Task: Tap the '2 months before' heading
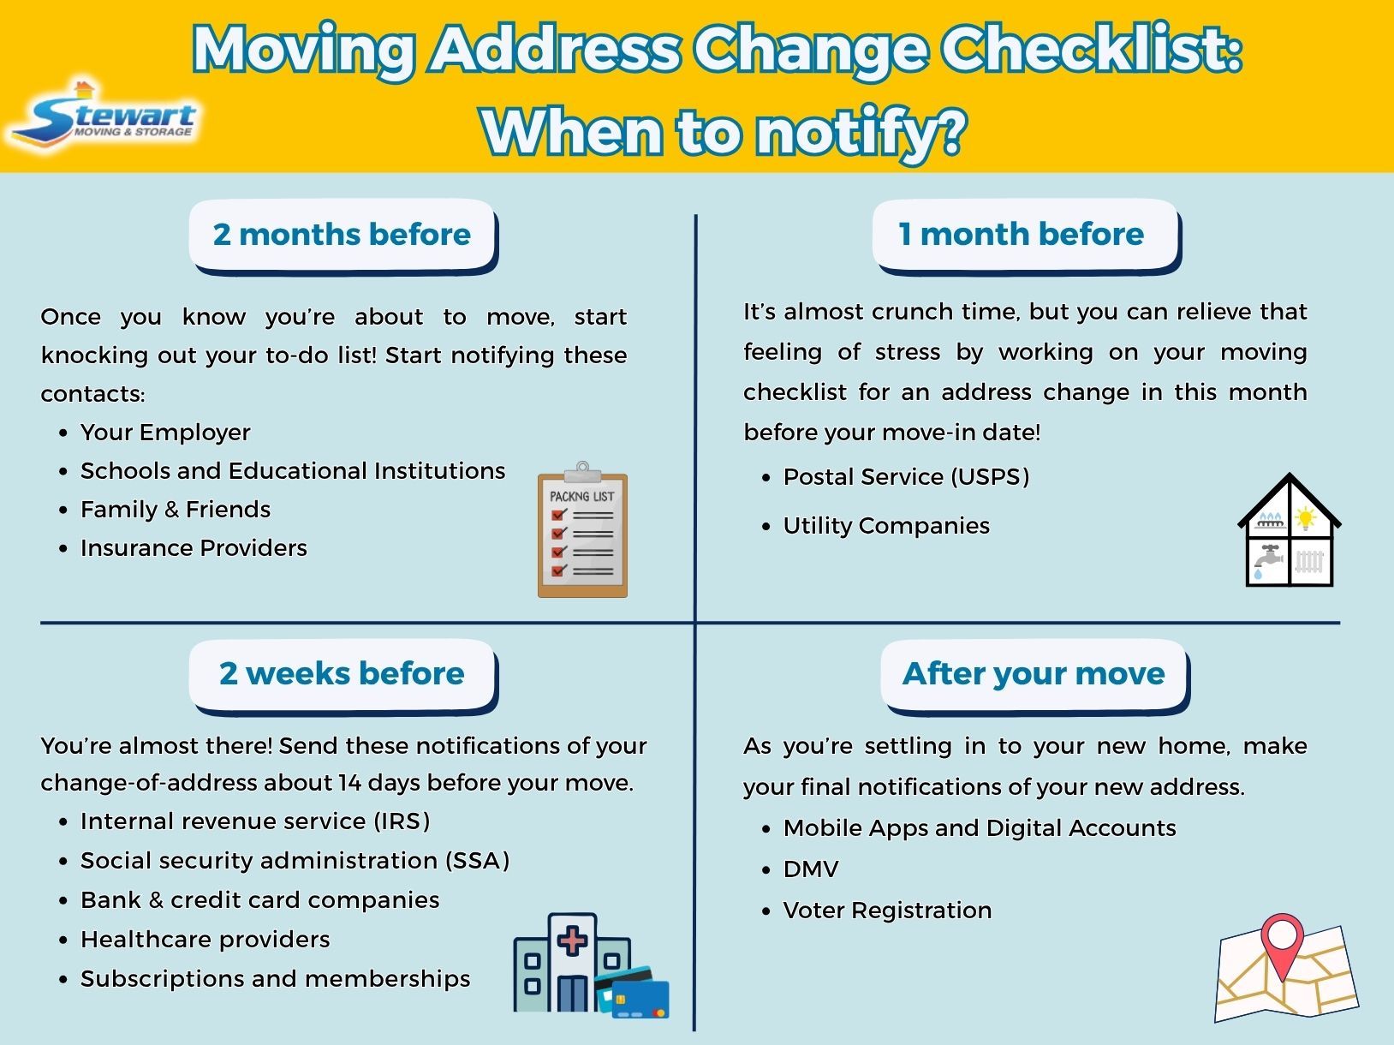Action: coord(342,234)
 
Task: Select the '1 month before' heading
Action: coord(1022,234)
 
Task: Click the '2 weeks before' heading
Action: coord(342,673)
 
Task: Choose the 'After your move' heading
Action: coord(1034,673)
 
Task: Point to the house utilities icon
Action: coord(1290,532)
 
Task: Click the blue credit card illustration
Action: coord(638,994)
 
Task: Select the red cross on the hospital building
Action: coord(572,941)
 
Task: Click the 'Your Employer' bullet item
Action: coord(165,433)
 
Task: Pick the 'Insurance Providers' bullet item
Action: coord(194,548)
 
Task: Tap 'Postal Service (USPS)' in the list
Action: coord(906,477)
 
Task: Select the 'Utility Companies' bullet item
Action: coord(886,526)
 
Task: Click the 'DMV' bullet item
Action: coord(811,869)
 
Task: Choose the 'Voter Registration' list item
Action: coord(887,911)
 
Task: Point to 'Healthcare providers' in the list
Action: coord(205,940)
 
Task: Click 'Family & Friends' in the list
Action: coord(176,510)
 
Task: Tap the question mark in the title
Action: coord(950,133)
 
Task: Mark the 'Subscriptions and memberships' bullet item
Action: coord(275,979)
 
